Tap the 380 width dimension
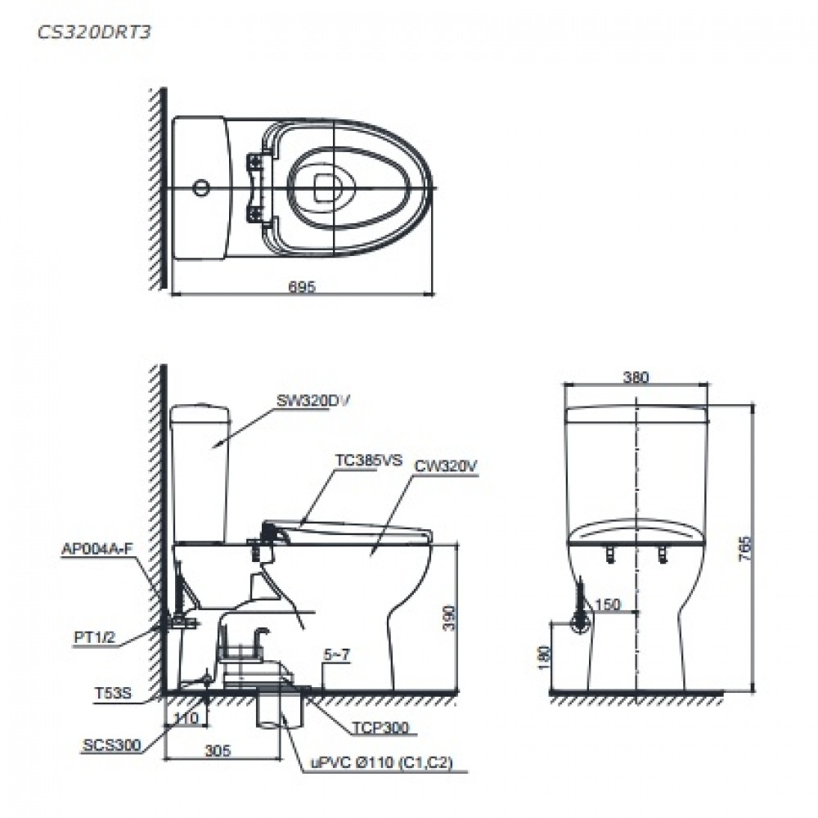pyautogui.click(x=635, y=377)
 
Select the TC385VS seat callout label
pyautogui.click(x=368, y=461)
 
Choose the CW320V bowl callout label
pyautogui.click(x=445, y=465)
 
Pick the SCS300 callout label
pyautogui.click(x=110, y=745)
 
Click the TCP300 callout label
pyautogui.click(x=379, y=726)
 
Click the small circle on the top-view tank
pyautogui.click(x=198, y=189)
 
